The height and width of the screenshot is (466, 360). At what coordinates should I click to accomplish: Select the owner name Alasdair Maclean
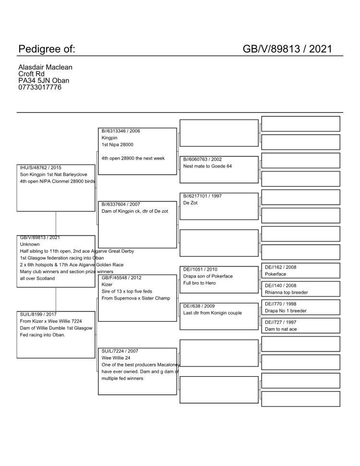[x=45, y=68]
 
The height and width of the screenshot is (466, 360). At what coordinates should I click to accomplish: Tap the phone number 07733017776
[x=40, y=87]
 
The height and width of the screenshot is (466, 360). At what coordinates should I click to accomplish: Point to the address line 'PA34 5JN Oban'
[x=44, y=81]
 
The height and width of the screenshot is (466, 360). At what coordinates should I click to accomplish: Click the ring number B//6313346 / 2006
[x=121, y=131]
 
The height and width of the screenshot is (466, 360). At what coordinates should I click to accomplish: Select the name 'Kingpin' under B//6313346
[x=109, y=138]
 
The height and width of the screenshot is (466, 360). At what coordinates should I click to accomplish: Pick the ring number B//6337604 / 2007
[x=121, y=204]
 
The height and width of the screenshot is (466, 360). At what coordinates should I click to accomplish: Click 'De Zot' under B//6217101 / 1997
[x=191, y=203]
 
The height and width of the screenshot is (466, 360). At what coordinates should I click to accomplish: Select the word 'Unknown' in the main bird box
[x=30, y=244]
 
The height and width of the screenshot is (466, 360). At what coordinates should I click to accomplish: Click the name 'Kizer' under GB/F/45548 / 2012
[x=107, y=285]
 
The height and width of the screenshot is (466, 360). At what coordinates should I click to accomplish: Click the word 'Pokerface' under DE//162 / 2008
[x=276, y=274]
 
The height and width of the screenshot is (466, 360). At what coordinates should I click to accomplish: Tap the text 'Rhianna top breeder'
[x=287, y=292]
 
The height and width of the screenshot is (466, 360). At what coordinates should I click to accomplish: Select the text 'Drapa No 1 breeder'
[x=286, y=311]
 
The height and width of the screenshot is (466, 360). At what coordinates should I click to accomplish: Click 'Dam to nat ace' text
[x=281, y=329]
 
